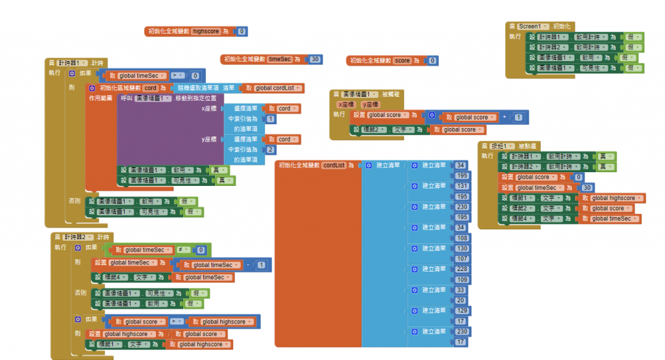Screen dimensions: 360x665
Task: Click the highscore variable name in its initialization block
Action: [205, 31]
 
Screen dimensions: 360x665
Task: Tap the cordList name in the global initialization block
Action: [334, 165]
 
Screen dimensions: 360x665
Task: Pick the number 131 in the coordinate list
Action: [462, 186]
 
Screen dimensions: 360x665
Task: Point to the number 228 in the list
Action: [462, 269]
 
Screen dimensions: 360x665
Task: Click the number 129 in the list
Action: [462, 311]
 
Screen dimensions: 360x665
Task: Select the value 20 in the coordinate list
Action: [461, 300]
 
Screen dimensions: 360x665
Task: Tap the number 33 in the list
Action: [461, 290]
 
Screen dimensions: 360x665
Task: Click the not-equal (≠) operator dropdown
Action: [183, 250]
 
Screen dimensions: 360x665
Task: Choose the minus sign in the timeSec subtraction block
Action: [248, 265]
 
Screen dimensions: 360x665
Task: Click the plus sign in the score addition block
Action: [505, 118]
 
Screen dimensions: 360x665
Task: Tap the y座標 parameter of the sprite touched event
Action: [370, 105]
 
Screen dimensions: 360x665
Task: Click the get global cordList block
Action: [273, 88]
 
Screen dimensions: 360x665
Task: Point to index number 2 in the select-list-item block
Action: [270, 149]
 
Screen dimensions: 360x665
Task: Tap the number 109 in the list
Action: [462, 279]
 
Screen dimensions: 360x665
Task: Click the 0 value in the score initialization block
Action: [433, 60]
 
